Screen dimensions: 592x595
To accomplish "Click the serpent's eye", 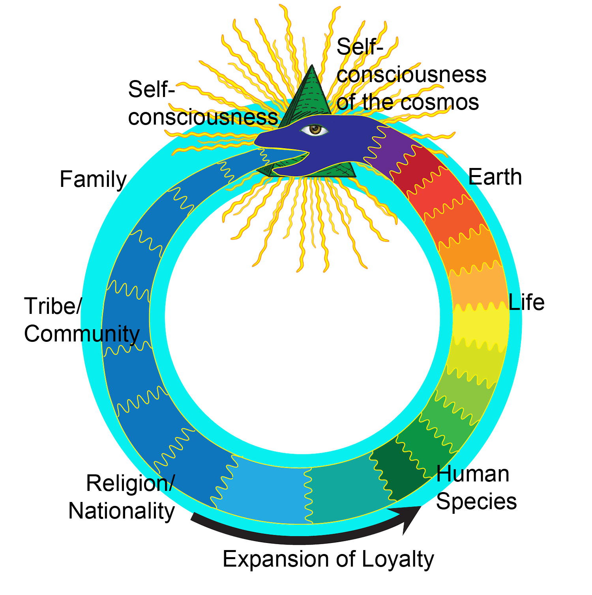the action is click(x=315, y=129).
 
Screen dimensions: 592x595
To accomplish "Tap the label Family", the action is click(x=93, y=179).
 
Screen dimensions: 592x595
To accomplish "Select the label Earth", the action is click(x=495, y=177).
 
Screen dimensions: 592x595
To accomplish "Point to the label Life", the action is click(x=526, y=302).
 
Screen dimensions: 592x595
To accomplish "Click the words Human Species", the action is click(x=476, y=488).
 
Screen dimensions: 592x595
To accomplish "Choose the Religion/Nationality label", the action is click(x=122, y=497).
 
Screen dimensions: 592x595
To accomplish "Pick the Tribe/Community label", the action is click(x=82, y=320).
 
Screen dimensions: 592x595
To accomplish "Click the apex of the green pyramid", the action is click(x=313, y=65).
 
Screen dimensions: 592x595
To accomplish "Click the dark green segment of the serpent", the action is click(x=399, y=473).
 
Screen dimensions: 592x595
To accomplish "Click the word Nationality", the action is click(x=122, y=511).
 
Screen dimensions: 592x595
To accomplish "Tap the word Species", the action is click(x=476, y=502).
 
